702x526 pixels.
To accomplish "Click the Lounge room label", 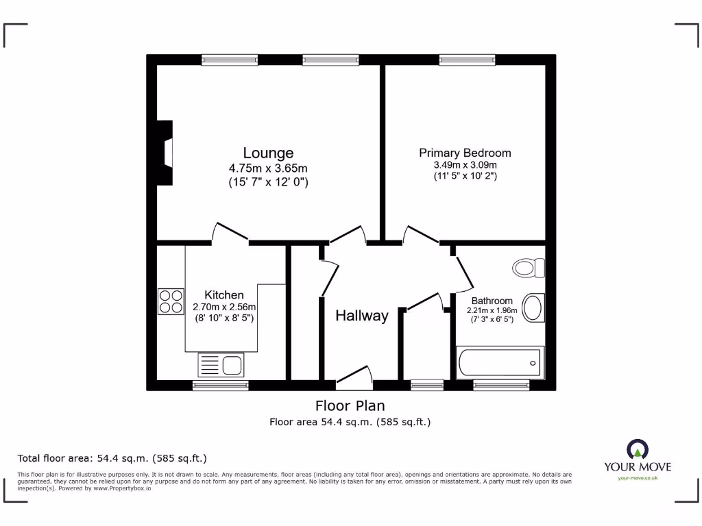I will (268, 153).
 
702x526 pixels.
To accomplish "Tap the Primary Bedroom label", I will (465, 153).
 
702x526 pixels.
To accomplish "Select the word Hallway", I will (361, 316).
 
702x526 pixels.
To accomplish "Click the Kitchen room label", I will (223, 295).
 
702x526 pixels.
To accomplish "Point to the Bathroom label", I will (492, 301).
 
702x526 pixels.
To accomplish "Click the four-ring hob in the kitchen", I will (171, 301).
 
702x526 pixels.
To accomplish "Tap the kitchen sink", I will (221, 364).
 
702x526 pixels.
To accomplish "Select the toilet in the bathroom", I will (529, 267).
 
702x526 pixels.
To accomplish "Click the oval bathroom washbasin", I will (533, 308).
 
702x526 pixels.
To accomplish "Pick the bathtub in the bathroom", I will (500, 362).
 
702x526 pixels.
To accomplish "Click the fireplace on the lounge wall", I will (165, 153).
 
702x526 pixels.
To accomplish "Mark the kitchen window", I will (221, 386).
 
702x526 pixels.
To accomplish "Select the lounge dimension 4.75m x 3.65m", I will (268, 168).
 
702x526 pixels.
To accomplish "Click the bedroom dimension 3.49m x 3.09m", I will (465, 165).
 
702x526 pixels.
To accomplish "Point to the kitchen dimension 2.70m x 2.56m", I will (223, 307).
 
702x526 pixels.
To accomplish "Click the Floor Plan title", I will (350, 405).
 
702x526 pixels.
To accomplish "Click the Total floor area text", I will (112, 458).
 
